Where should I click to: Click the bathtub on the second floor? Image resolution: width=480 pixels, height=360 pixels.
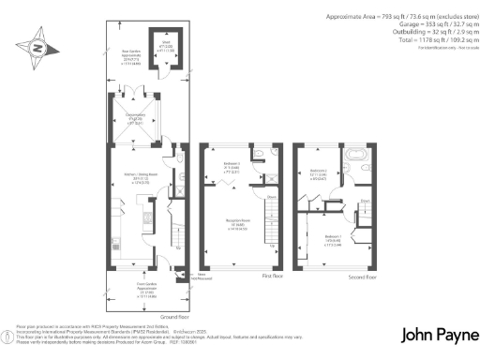click(x=358, y=154)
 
